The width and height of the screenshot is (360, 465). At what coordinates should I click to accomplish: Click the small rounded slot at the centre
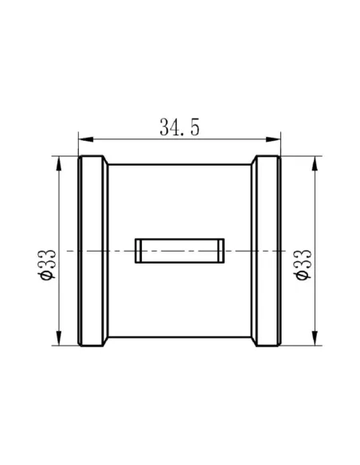(179, 250)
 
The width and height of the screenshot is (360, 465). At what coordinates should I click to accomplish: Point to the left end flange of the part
(93, 250)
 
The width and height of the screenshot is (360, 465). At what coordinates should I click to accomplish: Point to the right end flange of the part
(267, 250)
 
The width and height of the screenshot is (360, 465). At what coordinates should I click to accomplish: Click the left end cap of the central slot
(139, 250)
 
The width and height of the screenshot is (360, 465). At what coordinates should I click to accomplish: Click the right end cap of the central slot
(220, 250)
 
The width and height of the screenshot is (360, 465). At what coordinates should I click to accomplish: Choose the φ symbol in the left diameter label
(46, 275)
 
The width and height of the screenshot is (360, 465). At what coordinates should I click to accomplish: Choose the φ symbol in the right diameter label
(303, 275)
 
